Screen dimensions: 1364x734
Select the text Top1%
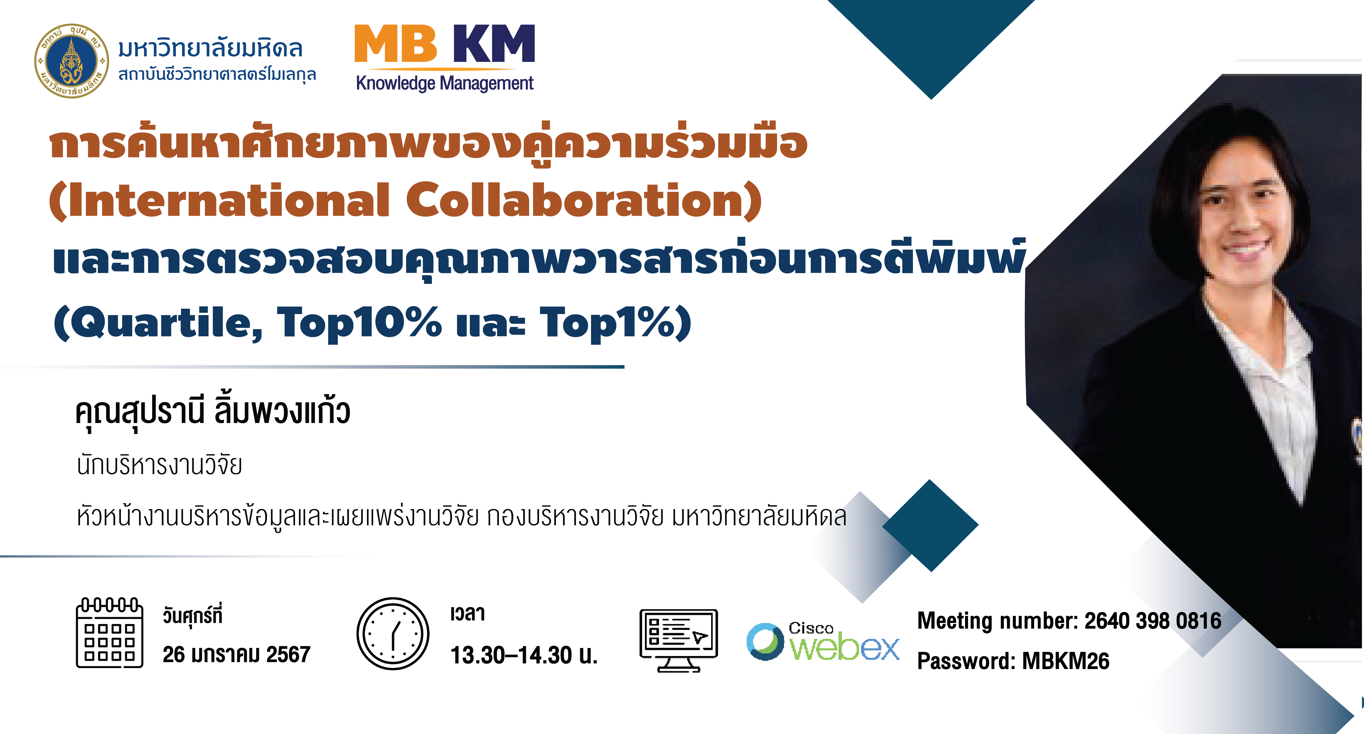[608, 323]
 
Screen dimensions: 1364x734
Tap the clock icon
[393, 634]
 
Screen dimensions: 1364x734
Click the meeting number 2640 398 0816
[1153, 621]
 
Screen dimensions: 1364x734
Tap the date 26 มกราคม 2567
[236, 654]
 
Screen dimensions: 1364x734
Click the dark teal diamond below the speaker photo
[930, 525]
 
